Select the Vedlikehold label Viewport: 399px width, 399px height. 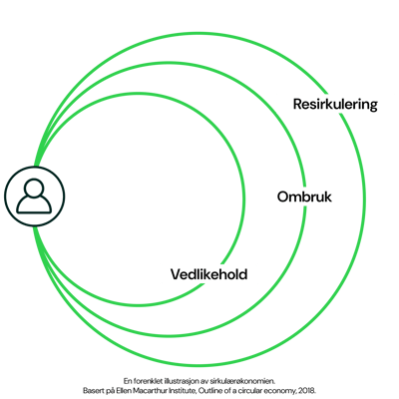(x=208, y=272)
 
